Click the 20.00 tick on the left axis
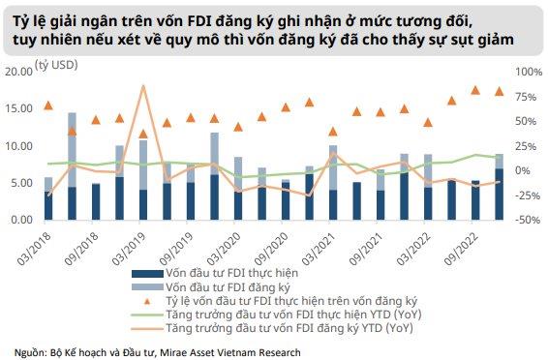(18, 72)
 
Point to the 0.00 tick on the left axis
(21, 220)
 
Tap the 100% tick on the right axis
(529, 72)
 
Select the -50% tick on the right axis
(529, 220)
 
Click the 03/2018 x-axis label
(34, 249)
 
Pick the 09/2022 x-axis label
(461, 249)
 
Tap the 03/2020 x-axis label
(224, 249)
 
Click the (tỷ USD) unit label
(56, 65)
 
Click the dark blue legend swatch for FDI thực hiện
(147, 274)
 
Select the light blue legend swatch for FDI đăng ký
(147, 287)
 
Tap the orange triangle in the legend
(147, 301)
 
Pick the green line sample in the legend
(147, 315)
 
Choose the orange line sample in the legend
(147, 328)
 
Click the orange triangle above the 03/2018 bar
(48, 105)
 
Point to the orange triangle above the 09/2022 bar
(475, 90)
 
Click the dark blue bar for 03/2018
(48, 206)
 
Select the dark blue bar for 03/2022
(428, 203)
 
